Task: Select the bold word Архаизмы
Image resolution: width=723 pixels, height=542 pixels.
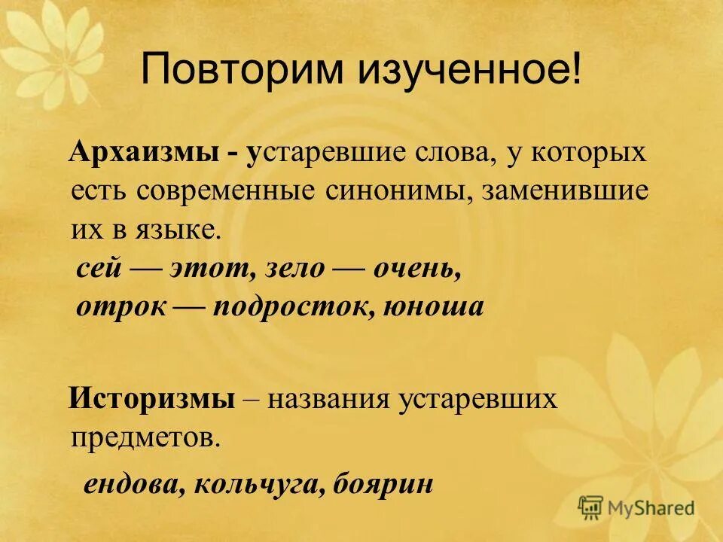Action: tap(136, 154)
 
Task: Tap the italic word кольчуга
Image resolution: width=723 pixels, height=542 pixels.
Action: tap(252, 483)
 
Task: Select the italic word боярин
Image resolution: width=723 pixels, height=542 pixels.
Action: tap(380, 483)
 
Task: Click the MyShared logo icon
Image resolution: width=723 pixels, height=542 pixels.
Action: tap(591, 507)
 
